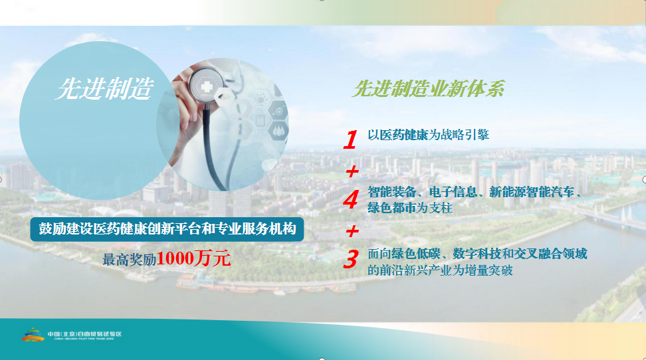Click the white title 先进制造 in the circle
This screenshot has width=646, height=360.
pyautogui.click(x=104, y=88)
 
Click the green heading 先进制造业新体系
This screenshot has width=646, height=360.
pyautogui.click(x=429, y=88)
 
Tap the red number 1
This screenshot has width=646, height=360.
pyautogui.click(x=350, y=139)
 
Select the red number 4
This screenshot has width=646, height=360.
pyautogui.click(x=351, y=200)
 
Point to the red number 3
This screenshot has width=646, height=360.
pyautogui.click(x=351, y=260)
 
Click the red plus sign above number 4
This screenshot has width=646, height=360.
pyautogui.click(x=352, y=171)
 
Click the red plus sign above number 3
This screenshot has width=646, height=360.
pyautogui.click(x=352, y=231)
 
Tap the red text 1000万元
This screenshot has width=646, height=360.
pyautogui.click(x=193, y=258)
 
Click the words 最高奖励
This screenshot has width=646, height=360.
pyautogui.click(x=130, y=260)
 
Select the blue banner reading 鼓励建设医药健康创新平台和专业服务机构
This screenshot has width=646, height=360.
pyautogui.click(x=167, y=229)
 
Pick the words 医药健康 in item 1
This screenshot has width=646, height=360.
pyautogui.click(x=404, y=135)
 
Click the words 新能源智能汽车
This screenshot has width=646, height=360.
pyautogui.click(x=532, y=192)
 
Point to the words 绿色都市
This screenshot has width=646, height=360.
pyautogui.click(x=392, y=208)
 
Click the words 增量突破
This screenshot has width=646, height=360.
pyautogui.click(x=488, y=270)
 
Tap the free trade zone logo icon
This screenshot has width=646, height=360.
pyautogui.click(x=33, y=335)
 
